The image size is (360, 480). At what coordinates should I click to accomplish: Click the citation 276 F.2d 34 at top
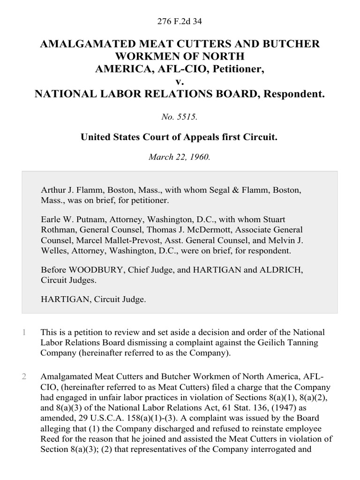click(180, 21)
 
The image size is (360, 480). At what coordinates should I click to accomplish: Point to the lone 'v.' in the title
click(180, 82)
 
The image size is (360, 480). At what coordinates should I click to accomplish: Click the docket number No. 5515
click(180, 118)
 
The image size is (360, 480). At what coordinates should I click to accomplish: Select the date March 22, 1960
click(180, 157)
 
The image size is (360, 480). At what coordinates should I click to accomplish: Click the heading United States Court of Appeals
click(180, 137)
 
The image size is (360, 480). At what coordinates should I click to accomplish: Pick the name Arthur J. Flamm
click(68, 191)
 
